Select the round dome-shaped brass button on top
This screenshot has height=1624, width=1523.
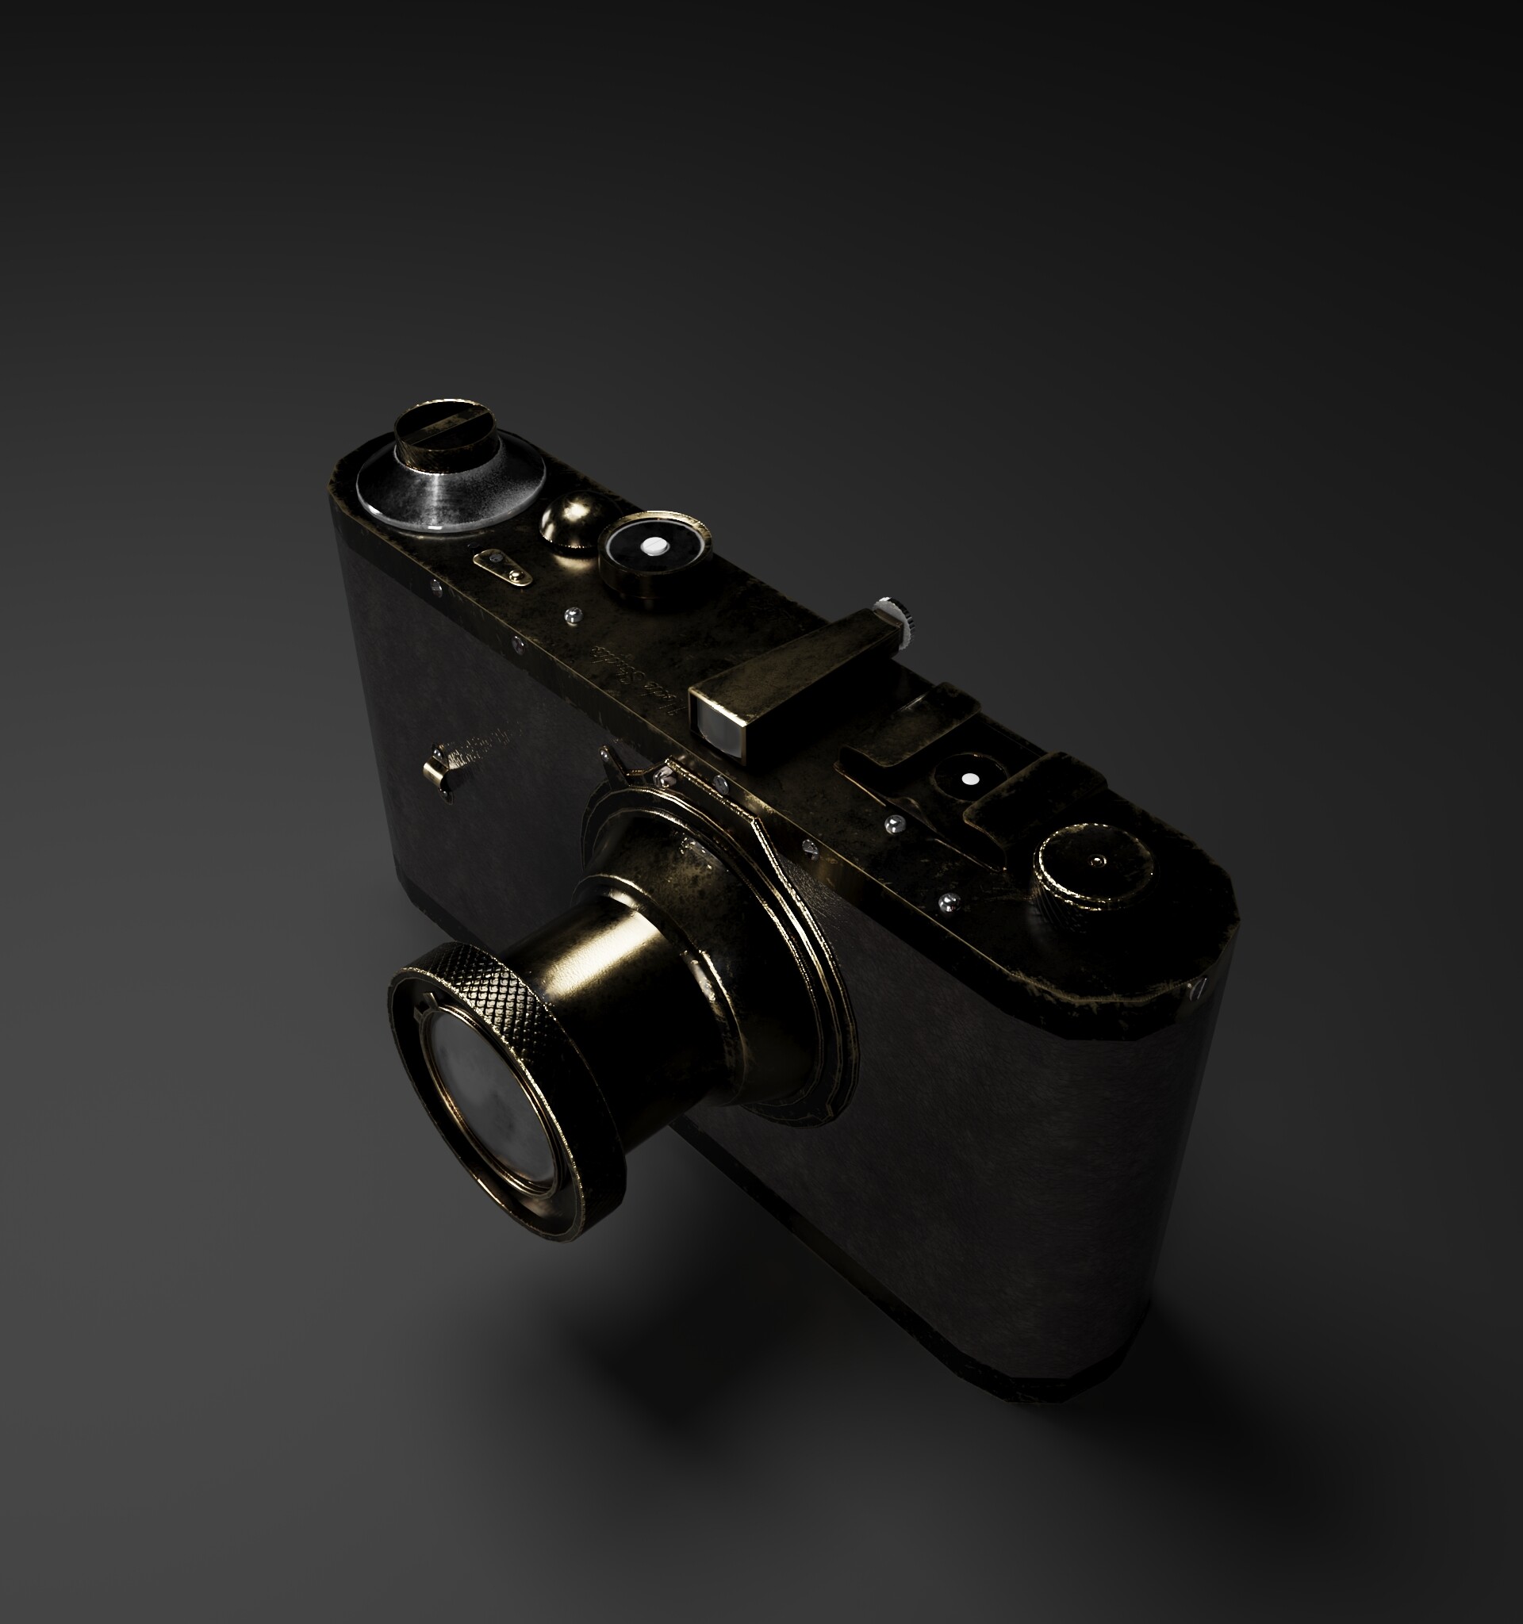[570, 519]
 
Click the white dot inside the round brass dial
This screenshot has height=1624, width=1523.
[653, 545]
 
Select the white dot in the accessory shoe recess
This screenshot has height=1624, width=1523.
[969, 779]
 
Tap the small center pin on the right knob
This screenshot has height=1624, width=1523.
[1097, 860]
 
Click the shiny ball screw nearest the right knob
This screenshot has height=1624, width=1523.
[948, 902]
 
